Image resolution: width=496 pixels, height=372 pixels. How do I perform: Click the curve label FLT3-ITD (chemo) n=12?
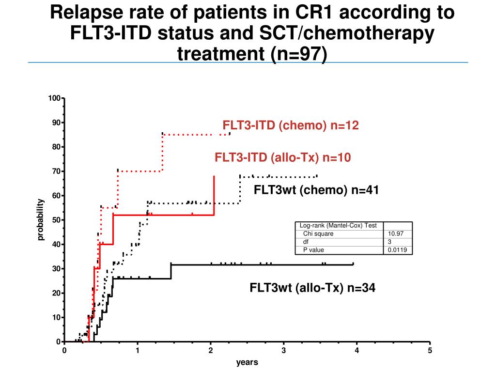290,126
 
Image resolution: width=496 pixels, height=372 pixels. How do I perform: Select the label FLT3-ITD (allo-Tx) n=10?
283,157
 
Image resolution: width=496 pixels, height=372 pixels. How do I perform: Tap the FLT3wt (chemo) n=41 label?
316,190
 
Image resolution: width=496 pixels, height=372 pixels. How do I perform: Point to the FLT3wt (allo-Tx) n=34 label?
312,288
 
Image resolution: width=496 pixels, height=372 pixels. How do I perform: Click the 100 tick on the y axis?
54,99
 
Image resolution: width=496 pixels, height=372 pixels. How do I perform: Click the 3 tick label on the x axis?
284,351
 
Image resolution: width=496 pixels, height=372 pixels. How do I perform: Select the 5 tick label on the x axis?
430,351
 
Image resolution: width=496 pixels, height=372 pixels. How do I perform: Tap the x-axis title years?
247,362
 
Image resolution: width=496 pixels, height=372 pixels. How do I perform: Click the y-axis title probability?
41,219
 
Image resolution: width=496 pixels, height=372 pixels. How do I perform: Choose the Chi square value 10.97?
395,233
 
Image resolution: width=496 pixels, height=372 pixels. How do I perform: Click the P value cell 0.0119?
397,250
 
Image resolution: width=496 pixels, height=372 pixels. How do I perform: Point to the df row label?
306,242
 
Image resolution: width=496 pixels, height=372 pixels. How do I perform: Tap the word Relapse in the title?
86,13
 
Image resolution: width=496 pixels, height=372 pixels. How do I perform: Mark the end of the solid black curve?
353,264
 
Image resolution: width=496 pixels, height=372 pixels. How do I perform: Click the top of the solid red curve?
214,177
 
